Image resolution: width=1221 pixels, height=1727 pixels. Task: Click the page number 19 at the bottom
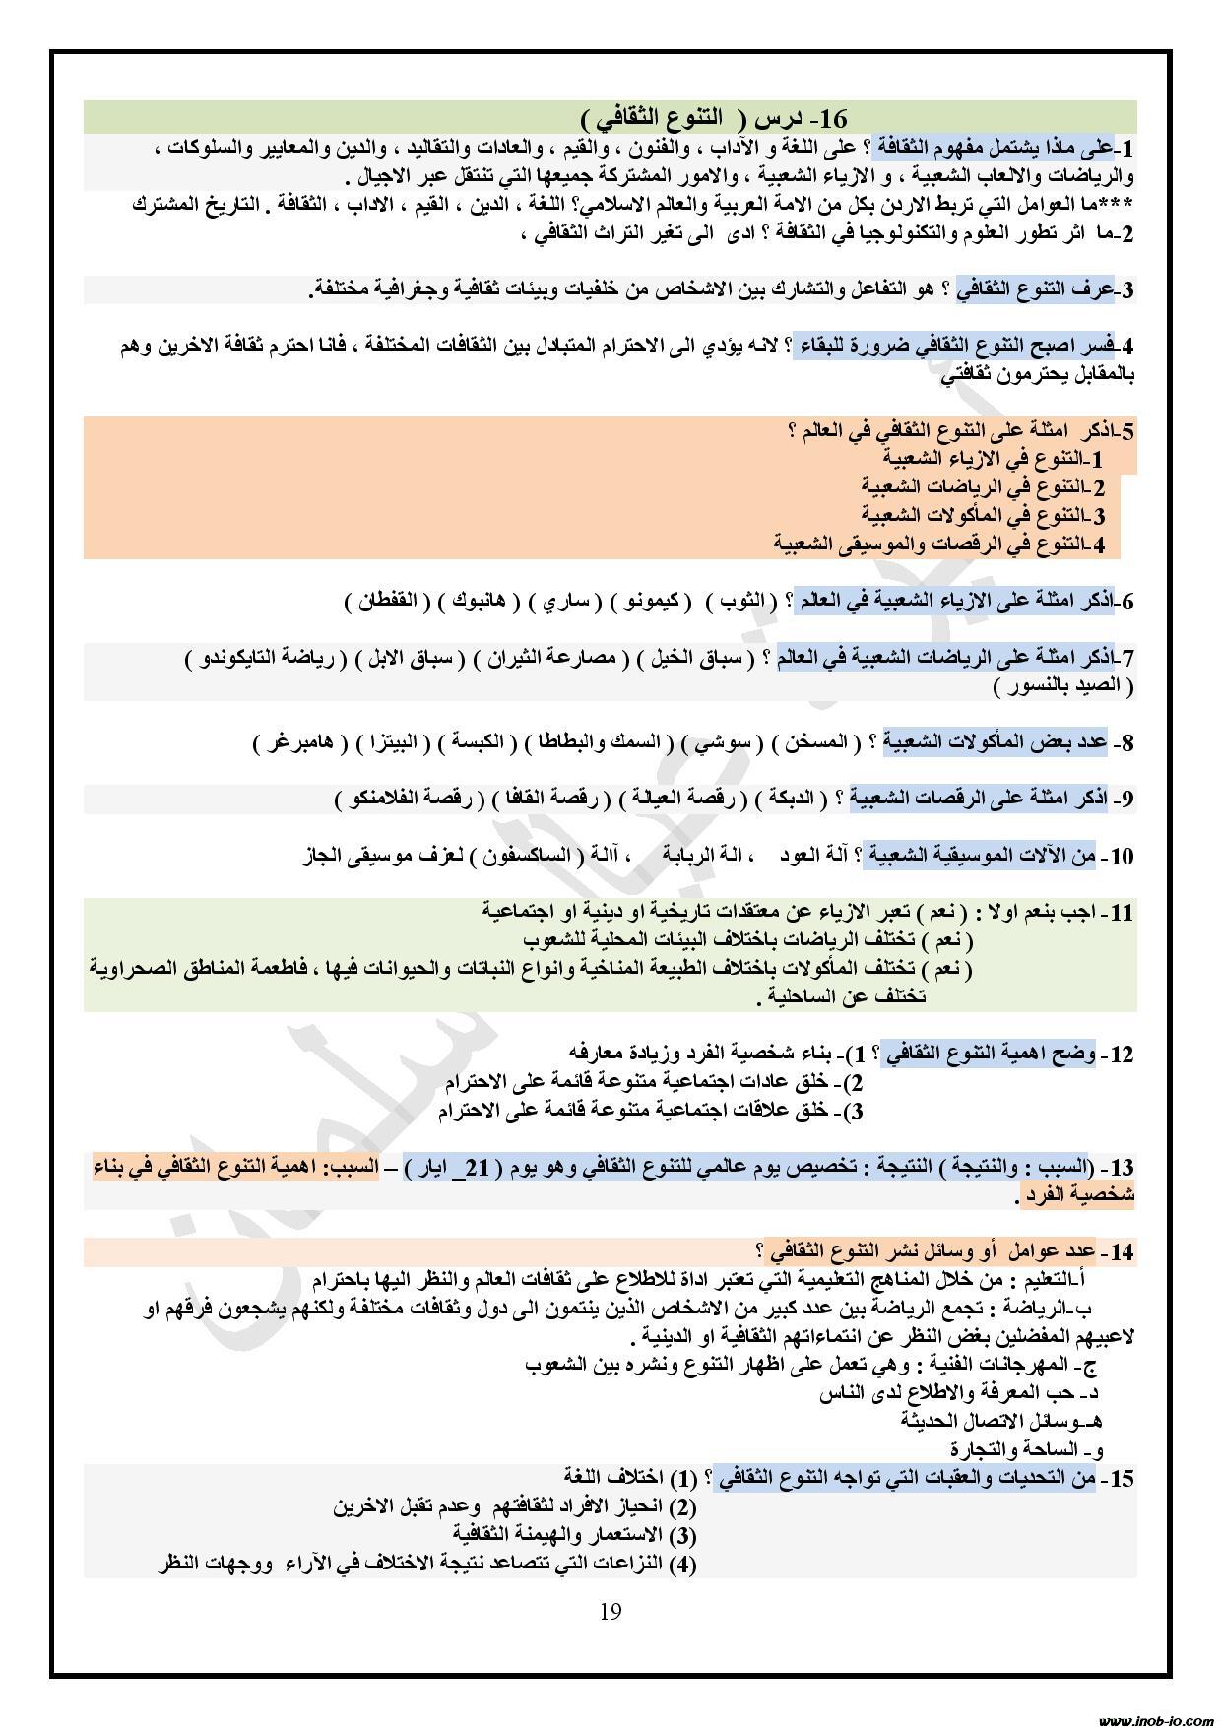click(610, 1611)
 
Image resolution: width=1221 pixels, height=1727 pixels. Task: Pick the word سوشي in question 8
click(730, 741)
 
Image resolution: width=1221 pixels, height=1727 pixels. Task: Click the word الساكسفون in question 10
click(536, 855)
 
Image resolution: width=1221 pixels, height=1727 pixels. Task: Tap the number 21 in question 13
click(478, 1168)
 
